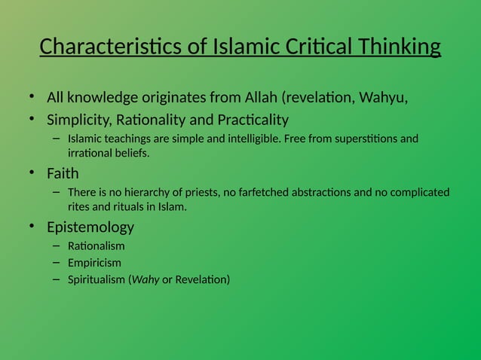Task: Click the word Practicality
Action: click(248, 120)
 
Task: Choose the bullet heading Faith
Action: click(63, 173)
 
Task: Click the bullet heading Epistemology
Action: click(90, 227)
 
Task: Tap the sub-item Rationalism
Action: click(97, 246)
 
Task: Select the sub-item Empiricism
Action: click(94, 263)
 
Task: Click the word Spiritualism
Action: click(97, 280)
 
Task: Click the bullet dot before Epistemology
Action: click(32, 227)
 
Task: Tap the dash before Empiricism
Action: click(56, 263)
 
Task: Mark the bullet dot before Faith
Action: click(32, 173)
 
